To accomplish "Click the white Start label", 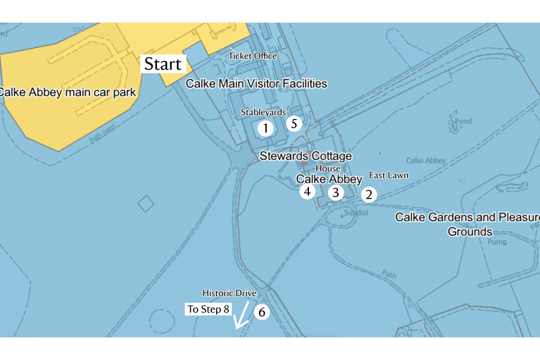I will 163,64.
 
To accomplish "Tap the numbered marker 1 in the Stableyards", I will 265,128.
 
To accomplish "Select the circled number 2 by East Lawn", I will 369,194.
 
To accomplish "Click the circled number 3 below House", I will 336,192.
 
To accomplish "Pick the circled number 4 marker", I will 307,191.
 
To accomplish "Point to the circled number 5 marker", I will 294,123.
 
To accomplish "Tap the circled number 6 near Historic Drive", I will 261,311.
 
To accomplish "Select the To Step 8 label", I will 208,309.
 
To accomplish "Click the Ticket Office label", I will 253,56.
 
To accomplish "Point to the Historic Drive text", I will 229,293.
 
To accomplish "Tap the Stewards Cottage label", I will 306,156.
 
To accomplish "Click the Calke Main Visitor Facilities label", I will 256,83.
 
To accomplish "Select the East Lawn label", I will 389,175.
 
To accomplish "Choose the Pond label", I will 463,121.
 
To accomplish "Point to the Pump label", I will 497,242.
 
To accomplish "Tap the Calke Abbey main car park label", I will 67,92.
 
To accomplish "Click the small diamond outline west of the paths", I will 146,204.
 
